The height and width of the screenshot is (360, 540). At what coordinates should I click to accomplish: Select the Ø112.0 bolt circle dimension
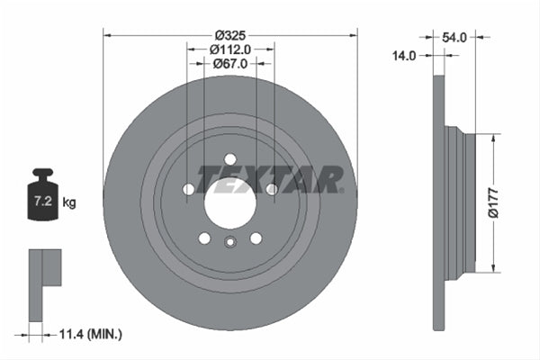230,50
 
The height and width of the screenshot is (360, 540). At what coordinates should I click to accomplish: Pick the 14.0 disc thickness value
405,56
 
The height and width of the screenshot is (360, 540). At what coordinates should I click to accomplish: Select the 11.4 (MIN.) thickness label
90,334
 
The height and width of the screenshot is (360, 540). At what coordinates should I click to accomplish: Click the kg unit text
69,202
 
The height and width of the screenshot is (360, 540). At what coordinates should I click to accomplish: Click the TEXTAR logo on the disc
270,179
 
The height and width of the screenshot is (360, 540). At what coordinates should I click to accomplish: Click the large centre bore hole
230,203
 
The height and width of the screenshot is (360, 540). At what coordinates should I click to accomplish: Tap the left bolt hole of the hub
188,190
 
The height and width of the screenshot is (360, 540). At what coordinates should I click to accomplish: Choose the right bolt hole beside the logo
272,190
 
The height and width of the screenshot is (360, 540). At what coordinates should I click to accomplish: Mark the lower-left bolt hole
204,238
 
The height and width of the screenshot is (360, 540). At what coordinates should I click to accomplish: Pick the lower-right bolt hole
256,238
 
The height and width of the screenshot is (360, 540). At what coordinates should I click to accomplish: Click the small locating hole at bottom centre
230,241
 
